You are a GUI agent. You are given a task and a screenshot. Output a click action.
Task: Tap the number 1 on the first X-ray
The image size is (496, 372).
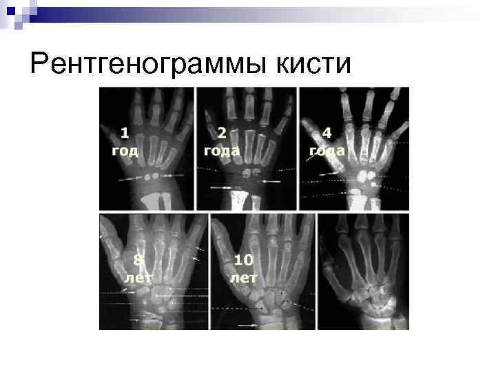(125, 132)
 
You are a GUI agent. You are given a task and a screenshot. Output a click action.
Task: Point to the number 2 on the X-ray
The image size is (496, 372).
(222, 132)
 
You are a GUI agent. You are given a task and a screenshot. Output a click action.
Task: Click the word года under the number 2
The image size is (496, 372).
(222, 149)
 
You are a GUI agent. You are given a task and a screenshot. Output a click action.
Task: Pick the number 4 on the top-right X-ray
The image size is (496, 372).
(327, 132)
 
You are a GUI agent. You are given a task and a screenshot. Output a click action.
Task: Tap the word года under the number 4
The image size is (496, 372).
(327, 149)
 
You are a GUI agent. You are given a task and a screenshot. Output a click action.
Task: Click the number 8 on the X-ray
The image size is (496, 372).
(138, 260)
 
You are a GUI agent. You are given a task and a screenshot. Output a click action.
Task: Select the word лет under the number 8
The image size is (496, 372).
(138, 277)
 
